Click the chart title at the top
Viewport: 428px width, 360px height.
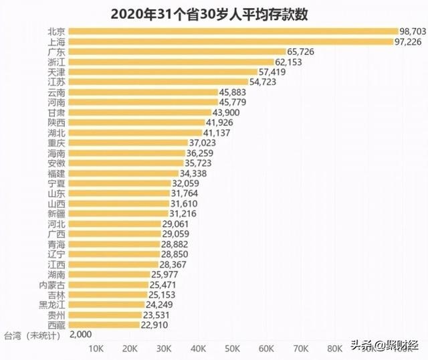click(214, 13)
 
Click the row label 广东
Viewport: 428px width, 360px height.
click(57, 52)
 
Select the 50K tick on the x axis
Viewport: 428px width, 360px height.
click(232, 349)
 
